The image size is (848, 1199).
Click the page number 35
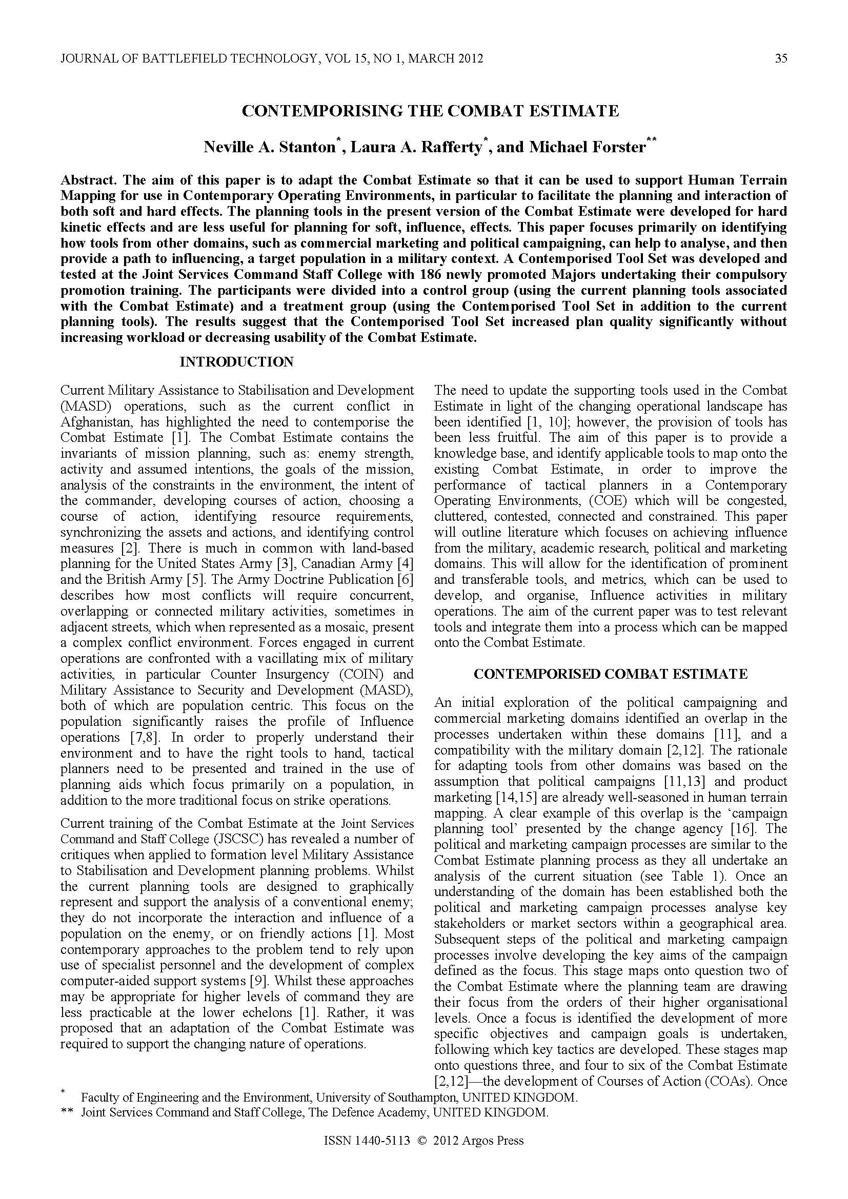[x=781, y=58]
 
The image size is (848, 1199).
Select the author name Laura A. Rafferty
[x=416, y=147]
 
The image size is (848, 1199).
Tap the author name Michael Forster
[x=588, y=147]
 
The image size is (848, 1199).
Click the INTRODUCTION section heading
[x=236, y=362]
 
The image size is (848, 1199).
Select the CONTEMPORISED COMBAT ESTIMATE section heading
[x=611, y=674]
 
